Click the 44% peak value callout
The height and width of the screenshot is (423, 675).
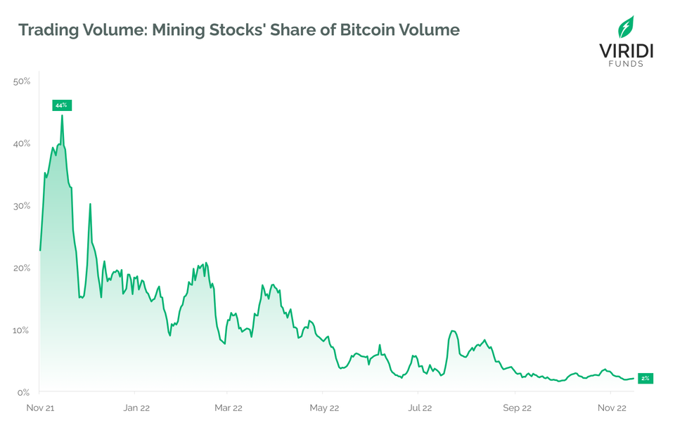click(61, 105)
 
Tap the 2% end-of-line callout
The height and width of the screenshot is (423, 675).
click(645, 378)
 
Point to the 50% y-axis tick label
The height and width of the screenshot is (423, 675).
click(22, 82)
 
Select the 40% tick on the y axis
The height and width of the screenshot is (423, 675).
click(22, 143)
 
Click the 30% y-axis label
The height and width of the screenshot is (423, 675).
click(22, 205)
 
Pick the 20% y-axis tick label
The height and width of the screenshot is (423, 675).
click(22, 268)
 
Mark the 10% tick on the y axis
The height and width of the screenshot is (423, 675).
click(22, 330)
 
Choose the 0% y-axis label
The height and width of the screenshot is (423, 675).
click(24, 391)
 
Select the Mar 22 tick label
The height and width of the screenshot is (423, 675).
click(229, 408)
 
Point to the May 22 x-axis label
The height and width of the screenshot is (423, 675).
click(324, 408)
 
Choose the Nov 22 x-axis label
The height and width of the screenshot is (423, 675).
click(611, 408)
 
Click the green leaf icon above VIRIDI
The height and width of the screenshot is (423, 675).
click(625, 26)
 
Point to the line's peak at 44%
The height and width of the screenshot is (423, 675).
click(62, 116)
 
